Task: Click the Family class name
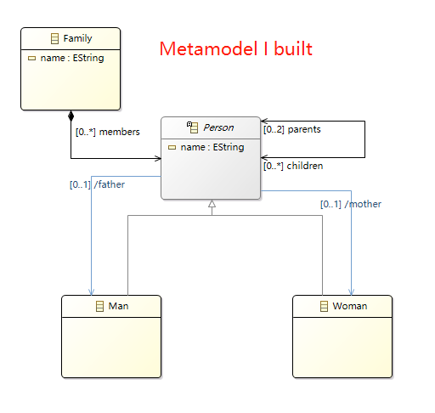(77, 38)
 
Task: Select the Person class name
(218, 127)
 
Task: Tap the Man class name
(118, 306)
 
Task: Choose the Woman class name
(350, 306)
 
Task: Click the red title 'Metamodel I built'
(236, 48)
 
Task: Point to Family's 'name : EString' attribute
(72, 58)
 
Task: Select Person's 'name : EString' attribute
(212, 147)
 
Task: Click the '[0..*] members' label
(108, 132)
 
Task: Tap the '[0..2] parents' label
(292, 129)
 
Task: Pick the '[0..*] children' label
(293, 166)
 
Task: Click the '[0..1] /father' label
(97, 184)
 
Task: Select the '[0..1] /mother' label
(351, 204)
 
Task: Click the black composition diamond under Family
(71, 116)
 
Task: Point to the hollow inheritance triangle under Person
(212, 203)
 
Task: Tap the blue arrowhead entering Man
(91, 291)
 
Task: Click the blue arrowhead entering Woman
(352, 291)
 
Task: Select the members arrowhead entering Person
(158, 158)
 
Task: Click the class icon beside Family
(54, 38)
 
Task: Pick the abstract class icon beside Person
(192, 127)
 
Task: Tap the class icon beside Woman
(324, 306)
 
